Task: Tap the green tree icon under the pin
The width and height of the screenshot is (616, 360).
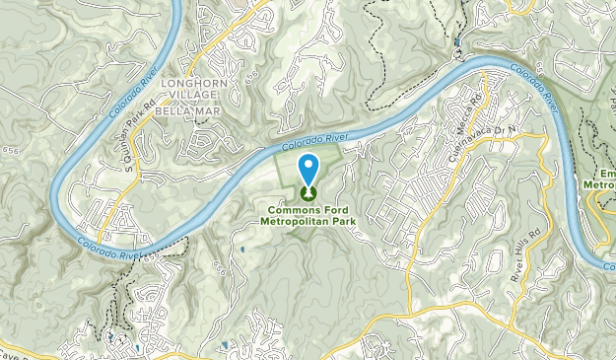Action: click(x=308, y=193)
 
